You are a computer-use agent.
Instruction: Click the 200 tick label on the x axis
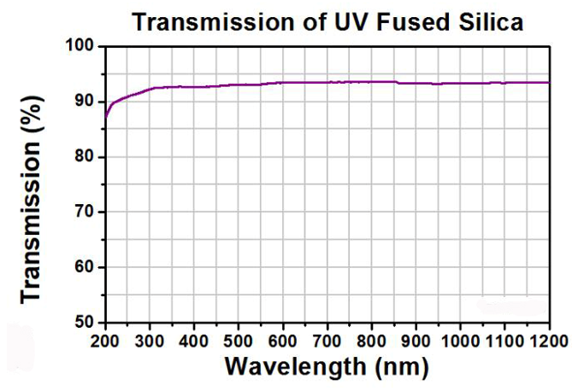coord(106,341)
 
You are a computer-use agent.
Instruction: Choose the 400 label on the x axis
coord(194,341)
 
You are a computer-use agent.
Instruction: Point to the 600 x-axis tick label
coord(283,341)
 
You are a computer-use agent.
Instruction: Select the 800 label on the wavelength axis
coord(372,341)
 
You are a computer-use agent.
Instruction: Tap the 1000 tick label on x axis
coord(460,341)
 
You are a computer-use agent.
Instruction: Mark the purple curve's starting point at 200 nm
coord(105,119)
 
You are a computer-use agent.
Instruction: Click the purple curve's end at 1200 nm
coord(548,82)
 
